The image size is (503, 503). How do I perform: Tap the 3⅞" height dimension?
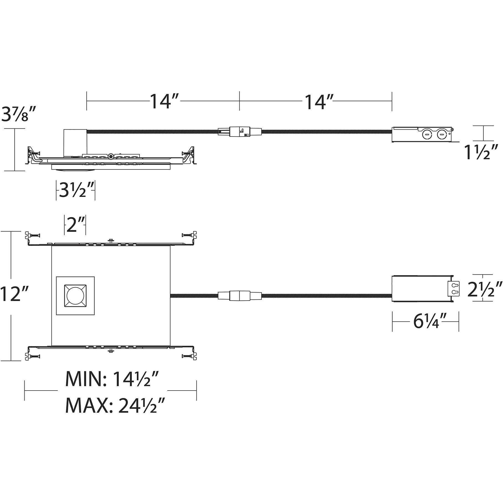[x=19, y=114]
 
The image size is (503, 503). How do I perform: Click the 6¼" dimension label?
[x=427, y=321]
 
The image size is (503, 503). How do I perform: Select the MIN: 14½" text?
[x=112, y=379]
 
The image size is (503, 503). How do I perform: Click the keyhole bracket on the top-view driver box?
[x=454, y=288]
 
